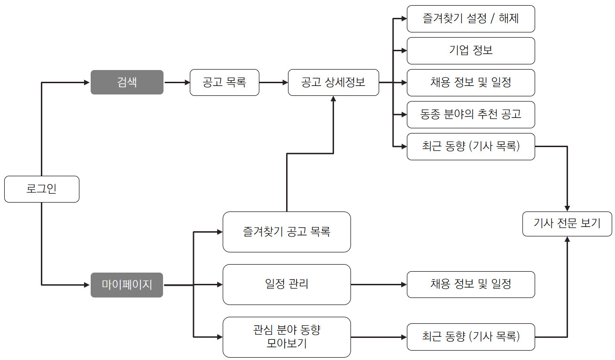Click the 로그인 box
(41, 189)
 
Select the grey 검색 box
(127, 82)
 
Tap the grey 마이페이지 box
(127, 285)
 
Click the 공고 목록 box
(224, 82)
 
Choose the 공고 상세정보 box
(333, 82)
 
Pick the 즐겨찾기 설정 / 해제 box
(470, 19)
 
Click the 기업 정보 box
(470, 51)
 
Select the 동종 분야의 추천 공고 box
(470, 115)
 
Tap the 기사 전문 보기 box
(567, 223)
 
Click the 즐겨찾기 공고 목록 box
(286, 232)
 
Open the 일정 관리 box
(286, 284)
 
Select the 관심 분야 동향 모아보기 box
(286, 337)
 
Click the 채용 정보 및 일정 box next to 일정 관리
(470, 284)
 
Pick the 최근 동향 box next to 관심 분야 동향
(470, 337)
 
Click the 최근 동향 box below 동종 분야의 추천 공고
(470, 147)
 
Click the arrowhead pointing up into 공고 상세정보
(333, 99)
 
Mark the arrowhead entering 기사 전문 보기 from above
(567, 208)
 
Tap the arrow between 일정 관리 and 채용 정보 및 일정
(378, 284)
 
